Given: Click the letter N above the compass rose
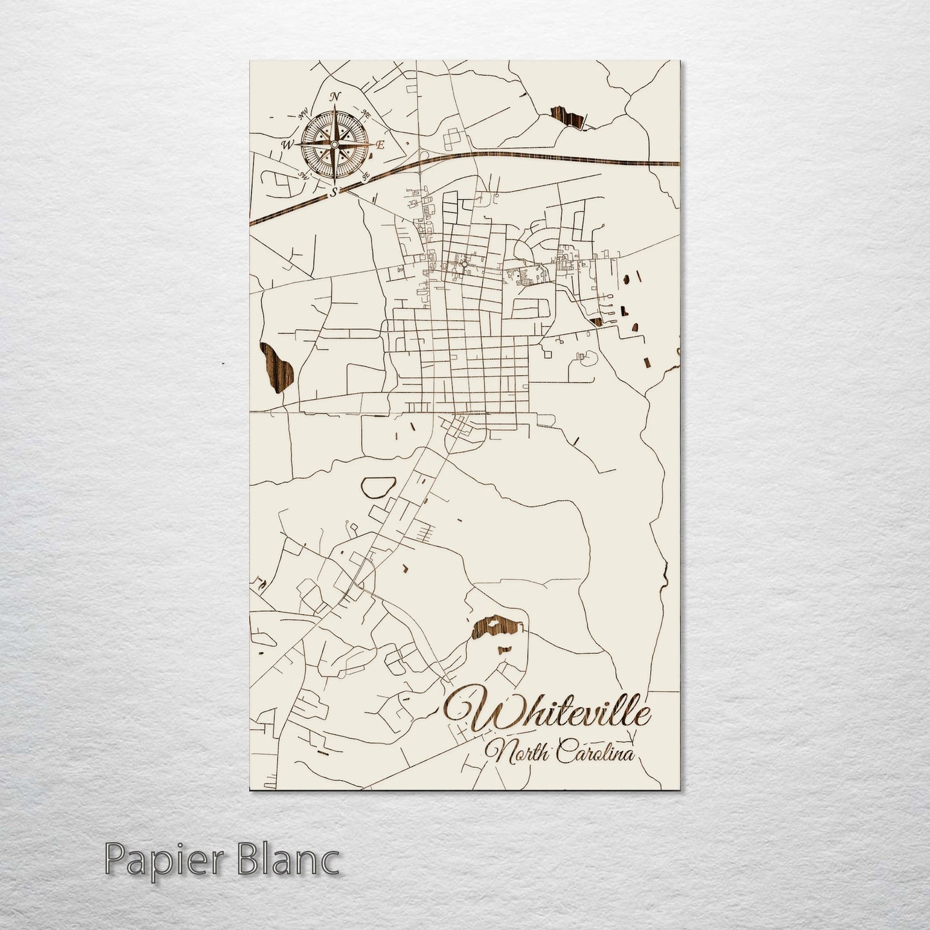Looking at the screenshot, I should coord(335,97).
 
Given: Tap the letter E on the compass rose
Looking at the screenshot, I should coord(380,145).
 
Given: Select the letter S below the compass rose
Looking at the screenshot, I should coord(333,192).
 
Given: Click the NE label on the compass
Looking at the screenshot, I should coord(366,114).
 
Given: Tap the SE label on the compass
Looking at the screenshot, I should coord(366,175).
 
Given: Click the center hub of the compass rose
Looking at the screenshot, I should coord(334,144).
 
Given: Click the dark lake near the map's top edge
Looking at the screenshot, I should coord(569,118).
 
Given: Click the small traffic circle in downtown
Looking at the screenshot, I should coord(463,263).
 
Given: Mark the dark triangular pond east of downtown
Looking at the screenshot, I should coord(596,321).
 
